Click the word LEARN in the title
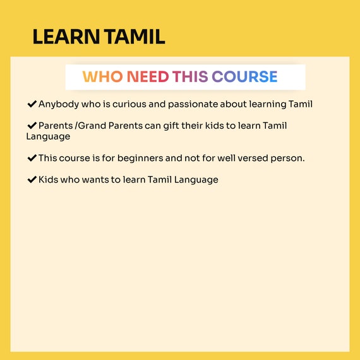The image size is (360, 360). click(x=66, y=37)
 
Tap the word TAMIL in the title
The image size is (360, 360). click(x=135, y=37)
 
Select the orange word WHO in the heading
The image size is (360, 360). click(x=102, y=76)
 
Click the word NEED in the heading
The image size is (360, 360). click(x=148, y=76)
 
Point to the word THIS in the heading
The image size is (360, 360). click(x=190, y=76)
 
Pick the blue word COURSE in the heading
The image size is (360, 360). click(x=244, y=76)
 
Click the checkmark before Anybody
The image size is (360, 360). click(x=32, y=104)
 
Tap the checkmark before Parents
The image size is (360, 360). click(x=32, y=126)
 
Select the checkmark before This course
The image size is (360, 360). click(x=32, y=158)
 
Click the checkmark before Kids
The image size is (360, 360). click(x=32, y=179)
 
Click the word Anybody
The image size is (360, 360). click(x=59, y=104)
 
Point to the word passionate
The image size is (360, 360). click(x=193, y=104)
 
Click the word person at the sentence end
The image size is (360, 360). click(x=286, y=159)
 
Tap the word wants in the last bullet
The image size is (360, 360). click(x=95, y=180)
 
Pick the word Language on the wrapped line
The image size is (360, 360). click(x=48, y=137)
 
